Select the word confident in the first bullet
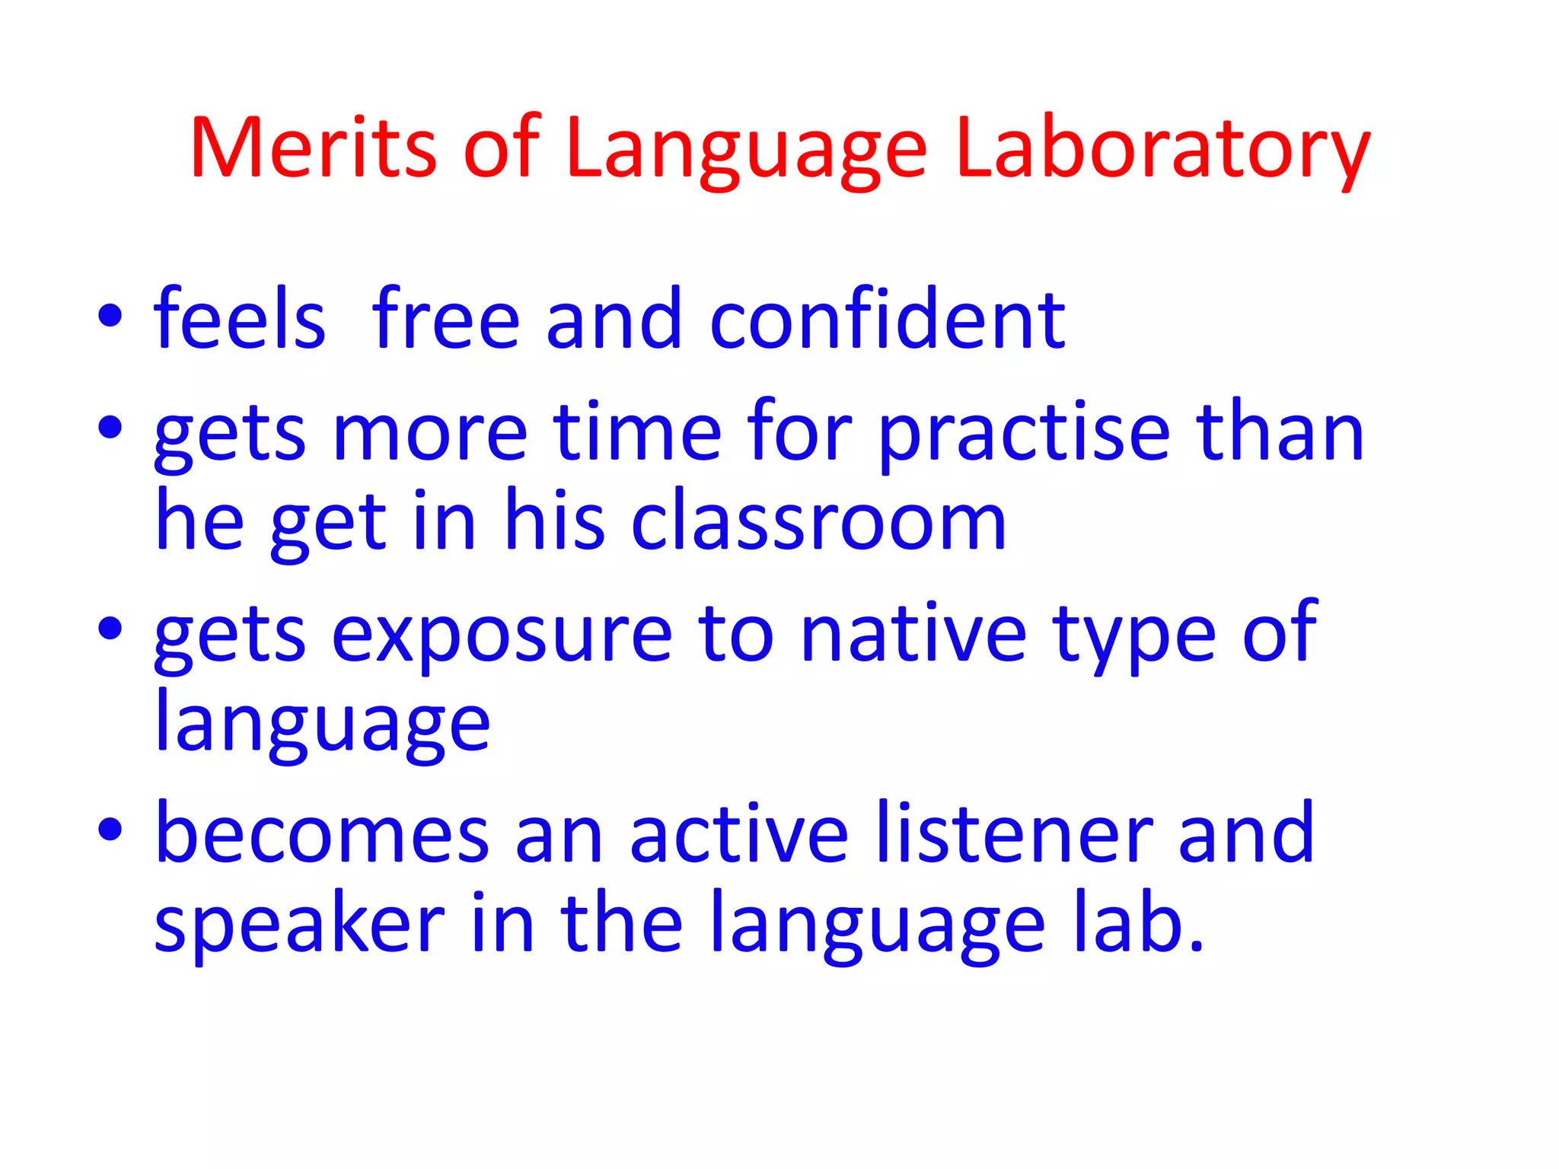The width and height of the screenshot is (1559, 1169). (888, 320)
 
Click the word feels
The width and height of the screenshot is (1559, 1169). (240, 320)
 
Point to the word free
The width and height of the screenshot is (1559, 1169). (445, 320)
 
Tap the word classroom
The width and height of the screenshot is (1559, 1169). (819, 522)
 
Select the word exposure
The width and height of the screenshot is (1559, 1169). (502, 635)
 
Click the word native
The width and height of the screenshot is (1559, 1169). (914, 633)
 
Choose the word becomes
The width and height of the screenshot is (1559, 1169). (322, 834)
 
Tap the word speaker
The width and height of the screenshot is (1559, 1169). (299, 925)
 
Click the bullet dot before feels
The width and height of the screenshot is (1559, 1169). (110, 317)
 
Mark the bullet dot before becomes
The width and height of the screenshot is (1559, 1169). (110, 829)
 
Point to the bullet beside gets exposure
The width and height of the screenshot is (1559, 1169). (110, 629)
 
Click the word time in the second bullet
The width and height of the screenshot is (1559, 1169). (637, 432)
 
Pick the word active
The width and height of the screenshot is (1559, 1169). (739, 834)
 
